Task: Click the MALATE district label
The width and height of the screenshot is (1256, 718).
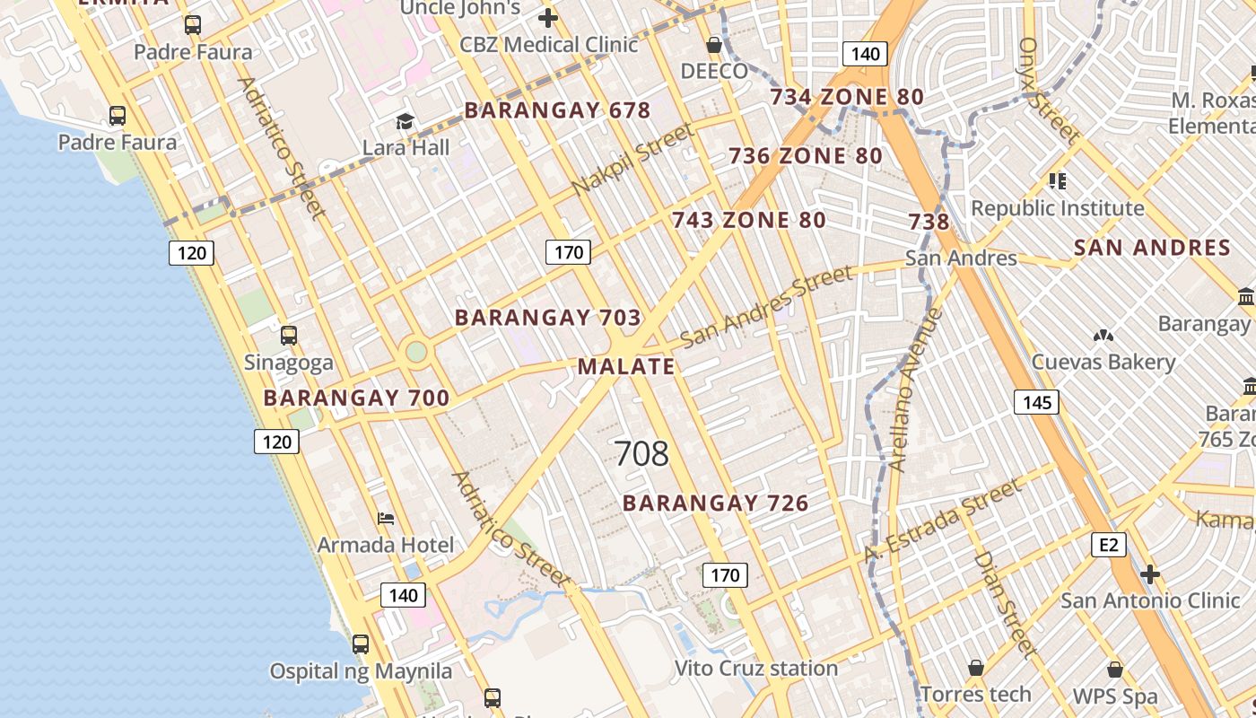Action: [626, 366]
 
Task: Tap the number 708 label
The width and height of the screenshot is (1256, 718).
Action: [641, 454]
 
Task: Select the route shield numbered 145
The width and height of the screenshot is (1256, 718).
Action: [1036, 402]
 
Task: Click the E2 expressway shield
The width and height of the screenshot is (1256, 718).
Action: [1109, 545]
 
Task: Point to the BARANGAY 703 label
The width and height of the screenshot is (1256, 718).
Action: [547, 318]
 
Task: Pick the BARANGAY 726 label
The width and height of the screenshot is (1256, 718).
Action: [716, 503]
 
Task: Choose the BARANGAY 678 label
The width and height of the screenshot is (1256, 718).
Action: [557, 110]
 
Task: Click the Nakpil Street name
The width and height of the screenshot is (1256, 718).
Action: [632, 160]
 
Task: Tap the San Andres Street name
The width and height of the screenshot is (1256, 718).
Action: [766, 306]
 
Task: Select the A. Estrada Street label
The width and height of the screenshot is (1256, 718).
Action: [942, 521]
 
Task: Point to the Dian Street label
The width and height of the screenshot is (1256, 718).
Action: [1005, 604]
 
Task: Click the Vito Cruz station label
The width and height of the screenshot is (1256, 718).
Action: [755, 669]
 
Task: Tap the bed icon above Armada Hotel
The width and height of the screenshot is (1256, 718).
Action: [386, 519]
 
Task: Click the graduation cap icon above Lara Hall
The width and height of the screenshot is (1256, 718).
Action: [406, 121]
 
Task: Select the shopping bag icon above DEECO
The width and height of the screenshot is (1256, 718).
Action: [714, 45]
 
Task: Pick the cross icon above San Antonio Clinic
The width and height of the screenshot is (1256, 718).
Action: [1150, 574]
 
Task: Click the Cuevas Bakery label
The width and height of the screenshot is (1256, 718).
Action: [1103, 362]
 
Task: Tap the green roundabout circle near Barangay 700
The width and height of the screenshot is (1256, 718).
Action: [415, 351]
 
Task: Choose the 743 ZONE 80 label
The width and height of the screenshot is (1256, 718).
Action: [749, 220]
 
